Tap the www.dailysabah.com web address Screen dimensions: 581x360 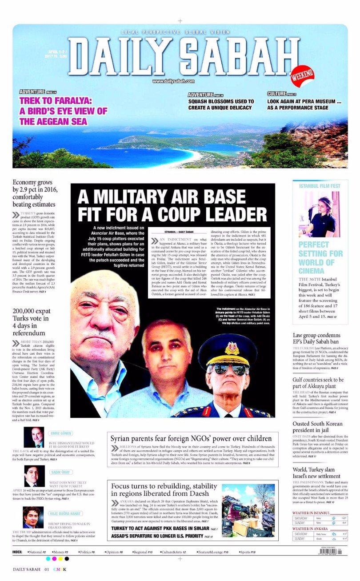[x=173, y=81]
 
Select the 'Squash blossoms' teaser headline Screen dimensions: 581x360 [x=221, y=104]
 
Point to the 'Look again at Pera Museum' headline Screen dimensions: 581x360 [x=304, y=104]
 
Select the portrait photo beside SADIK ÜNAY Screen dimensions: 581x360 [x=34, y=477]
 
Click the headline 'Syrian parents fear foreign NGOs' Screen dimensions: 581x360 [x=191, y=438]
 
